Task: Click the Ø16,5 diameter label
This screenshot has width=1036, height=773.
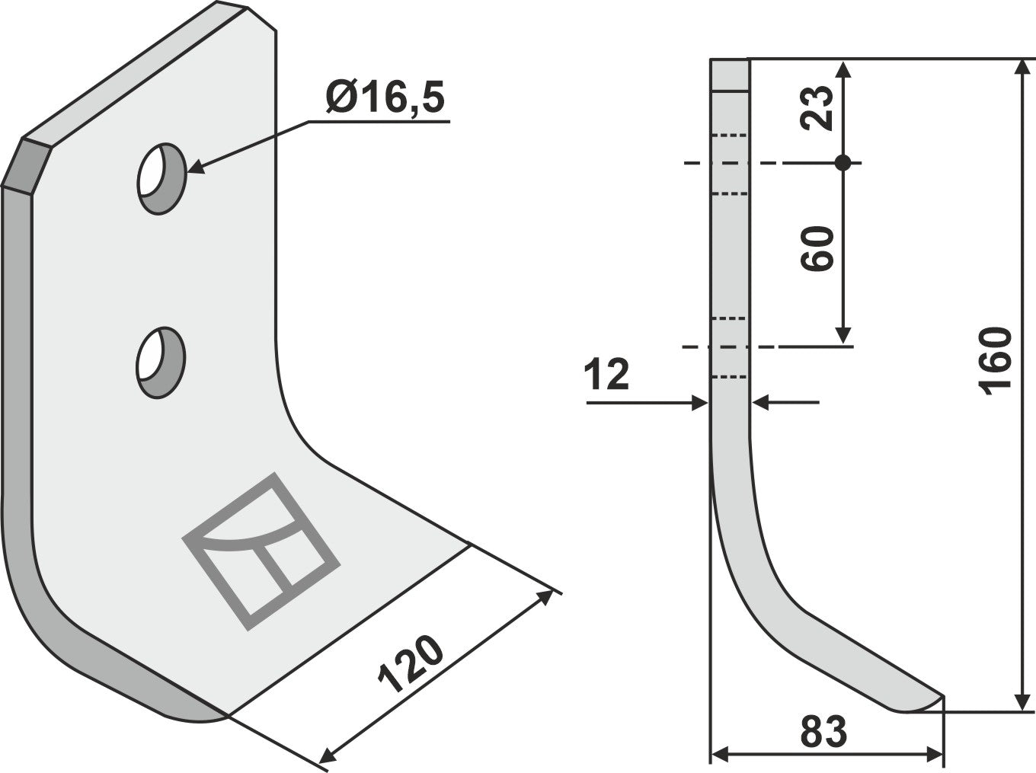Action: [x=384, y=99]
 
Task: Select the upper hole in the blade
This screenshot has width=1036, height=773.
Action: [x=161, y=178]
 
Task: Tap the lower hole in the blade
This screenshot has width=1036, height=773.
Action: [x=161, y=362]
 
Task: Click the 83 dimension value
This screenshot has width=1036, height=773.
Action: [x=824, y=733]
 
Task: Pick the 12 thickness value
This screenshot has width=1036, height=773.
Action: [x=607, y=375]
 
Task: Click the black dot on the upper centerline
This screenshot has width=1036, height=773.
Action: [x=843, y=163]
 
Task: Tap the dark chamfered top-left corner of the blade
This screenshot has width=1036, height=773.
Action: [x=26, y=165]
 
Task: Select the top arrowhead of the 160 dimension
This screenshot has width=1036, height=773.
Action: [x=1021, y=67]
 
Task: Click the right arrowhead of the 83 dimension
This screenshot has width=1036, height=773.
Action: [x=936, y=755]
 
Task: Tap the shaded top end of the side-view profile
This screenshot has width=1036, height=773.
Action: [x=731, y=75]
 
